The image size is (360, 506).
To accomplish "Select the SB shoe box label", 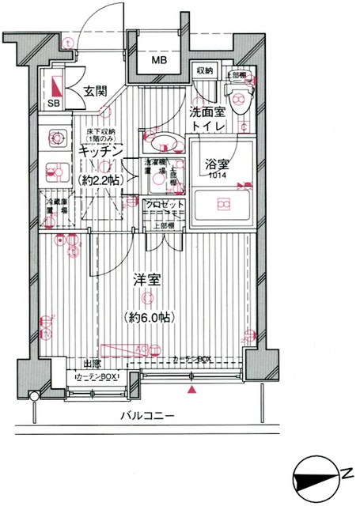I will point(55,104).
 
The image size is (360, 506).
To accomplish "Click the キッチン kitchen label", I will point(100,149).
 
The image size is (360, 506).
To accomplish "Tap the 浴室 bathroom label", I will point(217,164).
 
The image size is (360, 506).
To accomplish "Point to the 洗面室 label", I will point(208,113).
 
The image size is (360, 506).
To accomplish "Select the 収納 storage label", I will point(205,72).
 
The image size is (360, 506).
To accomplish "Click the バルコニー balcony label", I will point(148,416).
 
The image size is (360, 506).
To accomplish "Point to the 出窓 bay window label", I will point(93,363).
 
